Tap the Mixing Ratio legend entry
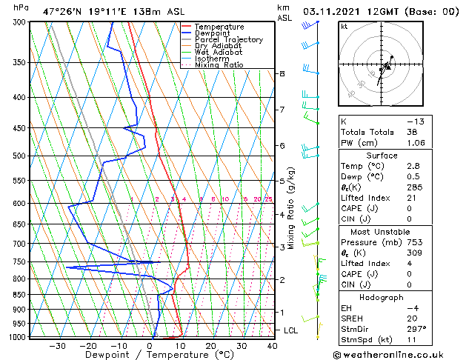point(222,65)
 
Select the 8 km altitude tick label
point(282,74)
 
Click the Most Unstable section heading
point(378,231)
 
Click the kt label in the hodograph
point(344,26)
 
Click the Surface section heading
point(378,156)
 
